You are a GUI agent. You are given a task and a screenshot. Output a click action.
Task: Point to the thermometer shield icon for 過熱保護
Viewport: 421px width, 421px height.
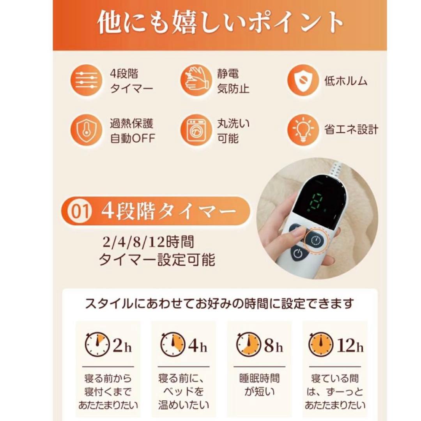[86, 131]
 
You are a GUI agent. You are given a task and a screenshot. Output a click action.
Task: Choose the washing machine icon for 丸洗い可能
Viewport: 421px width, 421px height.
[196, 131]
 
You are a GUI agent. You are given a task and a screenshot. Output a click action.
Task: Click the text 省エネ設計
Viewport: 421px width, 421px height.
[351, 130]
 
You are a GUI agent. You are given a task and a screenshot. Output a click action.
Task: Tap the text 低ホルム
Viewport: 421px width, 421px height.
[346, 81]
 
